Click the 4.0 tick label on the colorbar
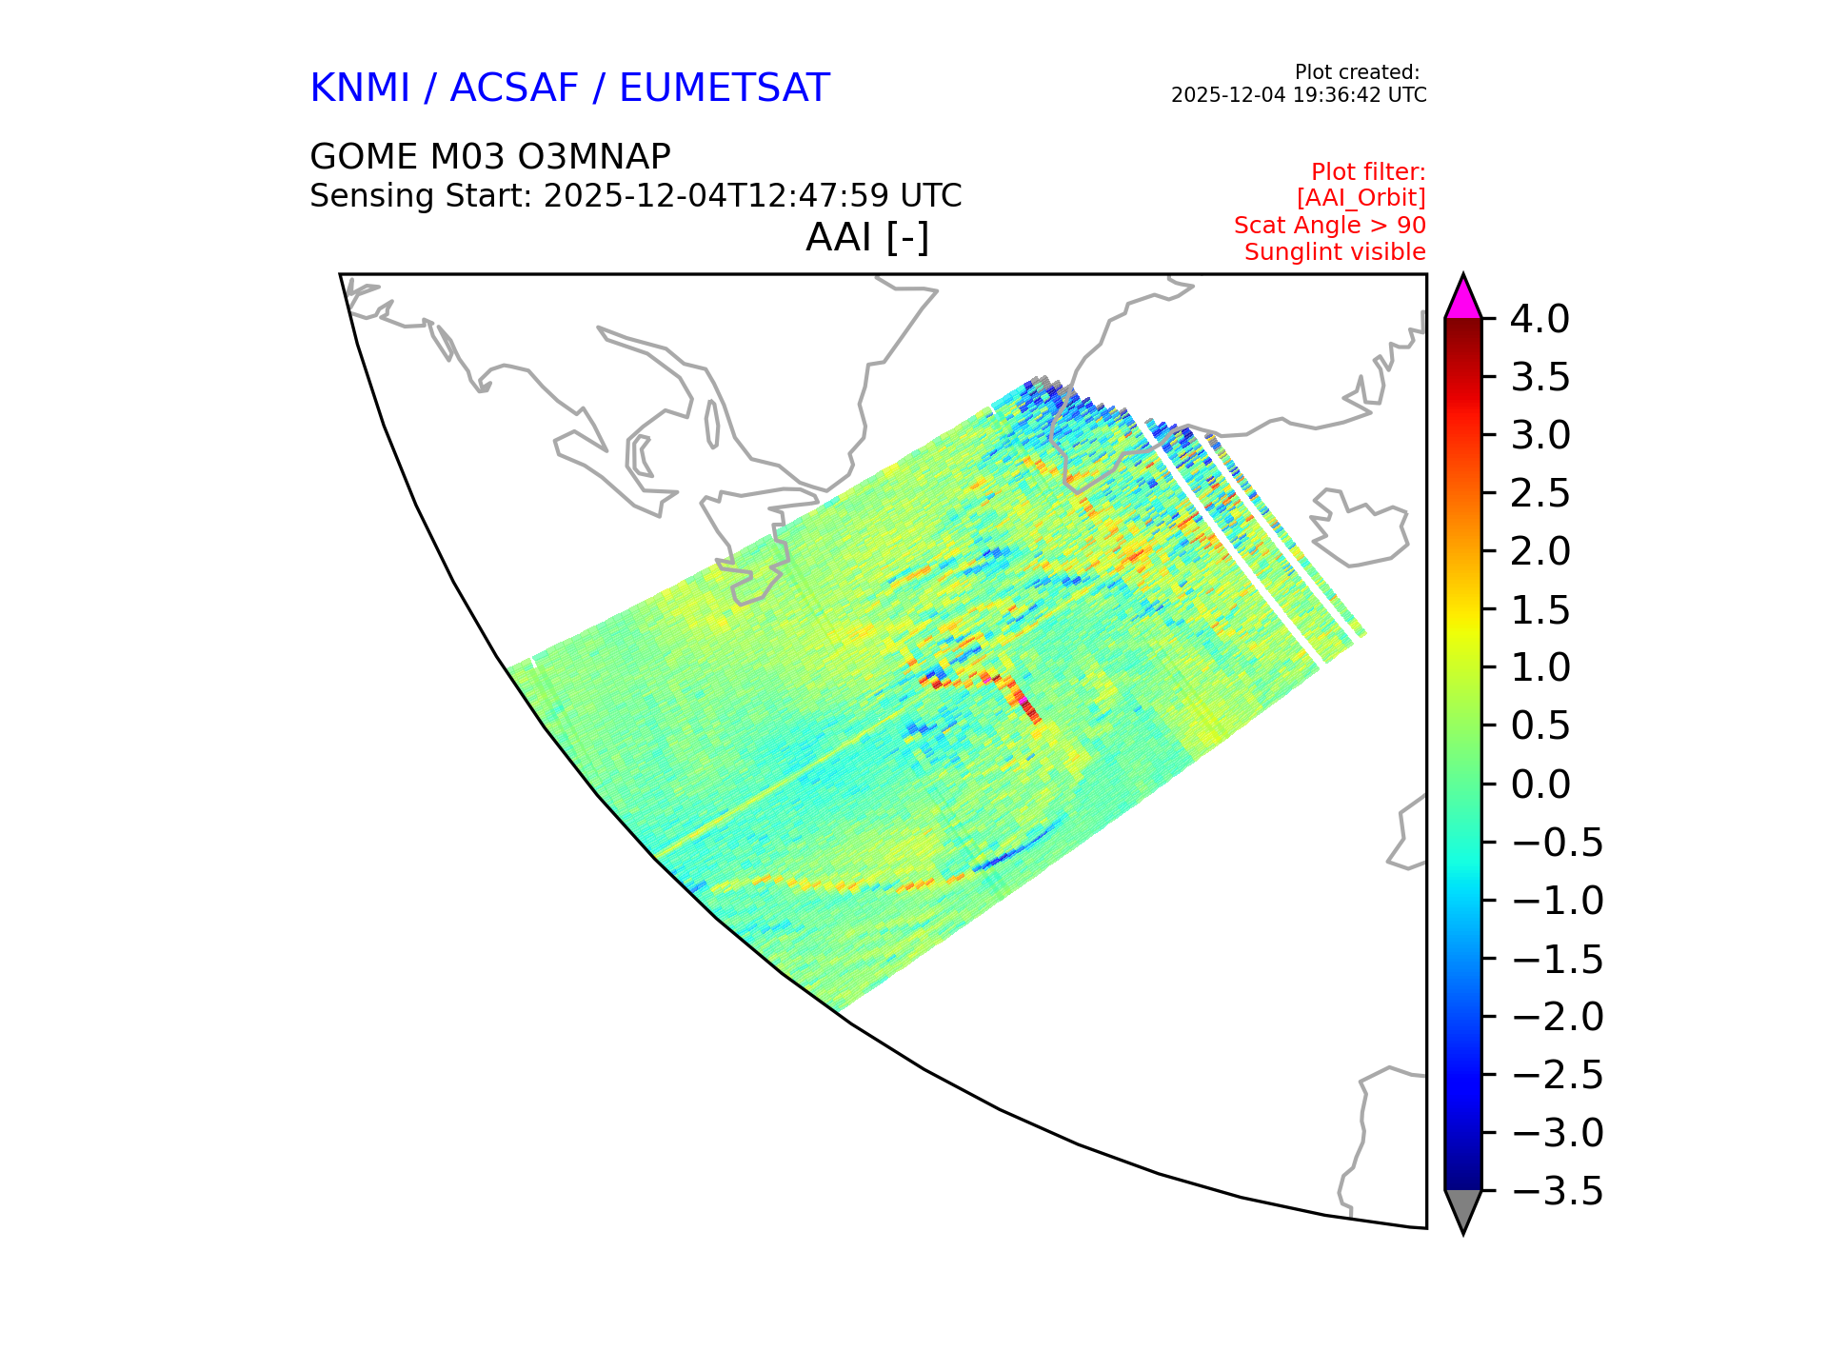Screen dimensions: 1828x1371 [x=1540, y=319]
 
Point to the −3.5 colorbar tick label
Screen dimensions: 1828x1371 [x=1557, y=1191]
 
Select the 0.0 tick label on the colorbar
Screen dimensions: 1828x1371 [x=1540, y=785]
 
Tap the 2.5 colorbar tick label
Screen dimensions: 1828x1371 [x=1540, y=494]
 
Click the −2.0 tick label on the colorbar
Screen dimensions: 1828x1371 [x=1557, y=1017]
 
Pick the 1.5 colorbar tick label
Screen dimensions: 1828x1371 [x=1540, y=610]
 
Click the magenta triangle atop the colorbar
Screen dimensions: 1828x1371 [x=1463, y=298]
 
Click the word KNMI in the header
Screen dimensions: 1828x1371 [x=360, y=89]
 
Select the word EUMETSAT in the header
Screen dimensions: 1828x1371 [x=725, y=89]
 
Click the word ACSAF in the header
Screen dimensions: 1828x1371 [x=514, y=89]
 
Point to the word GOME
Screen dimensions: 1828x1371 [x=364, y=156]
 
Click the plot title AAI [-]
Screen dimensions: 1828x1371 [x=867, y=237]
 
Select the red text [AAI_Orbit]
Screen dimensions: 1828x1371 [x=1361, y=198]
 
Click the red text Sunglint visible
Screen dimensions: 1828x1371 [x=1335, y=252]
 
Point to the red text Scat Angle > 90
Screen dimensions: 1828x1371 [x=1330, y=226]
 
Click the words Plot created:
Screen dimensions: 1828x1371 [x=1358, y=72]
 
